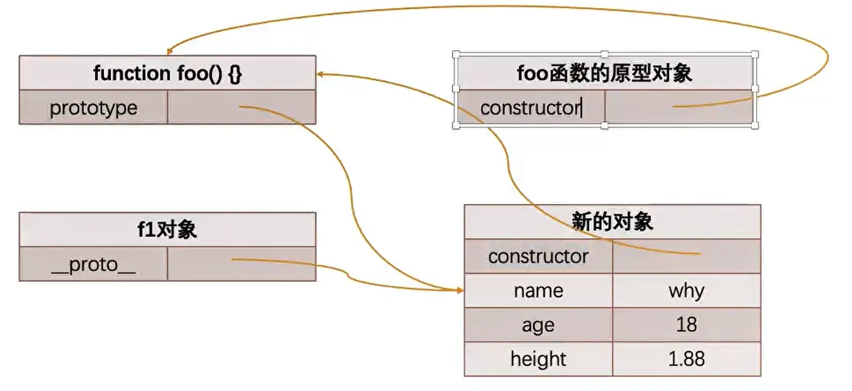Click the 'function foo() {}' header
[x=167, y=73]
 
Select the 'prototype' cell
[x=94, y=108]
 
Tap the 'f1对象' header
[x=167, y=229]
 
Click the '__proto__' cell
[x=94, y=265]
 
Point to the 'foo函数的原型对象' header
[x=604, y=73]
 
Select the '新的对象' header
[x=612, y=222]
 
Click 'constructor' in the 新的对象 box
[x=538, y=256]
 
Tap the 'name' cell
[x=538, y=290]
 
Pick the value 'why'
[x=686, y=290]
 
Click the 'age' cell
[x=538, y=325]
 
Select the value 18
[x=686, y=325]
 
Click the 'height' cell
[x=538, y=359]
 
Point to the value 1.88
[x=686, y=359]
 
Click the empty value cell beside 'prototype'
[x=241, y=108]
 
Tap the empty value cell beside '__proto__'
[x=241, y=265]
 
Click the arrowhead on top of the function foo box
[x=169, y=52]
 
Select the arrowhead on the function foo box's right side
[x=320, y=74]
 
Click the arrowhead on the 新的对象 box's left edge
[x=460, y=290]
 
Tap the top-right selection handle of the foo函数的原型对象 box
[x=755, y=54]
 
